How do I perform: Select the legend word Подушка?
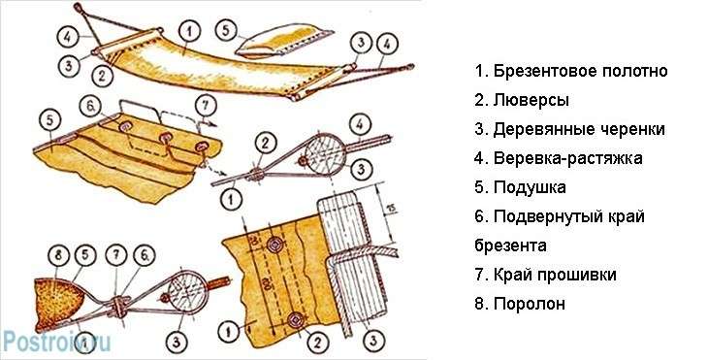click(530, 187)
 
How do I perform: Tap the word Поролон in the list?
click(530, 304)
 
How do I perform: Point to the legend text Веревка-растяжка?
click(568, 158)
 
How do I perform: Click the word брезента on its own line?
click(510, 245)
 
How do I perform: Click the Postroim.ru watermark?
click(56, 342)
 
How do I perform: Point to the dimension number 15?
click(393, 208)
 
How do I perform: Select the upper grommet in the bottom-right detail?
click(274, 245)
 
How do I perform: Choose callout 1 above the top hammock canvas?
click(190, 33)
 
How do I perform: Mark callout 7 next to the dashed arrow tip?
click(206, 106)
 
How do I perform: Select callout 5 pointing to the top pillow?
click(227, 30)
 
